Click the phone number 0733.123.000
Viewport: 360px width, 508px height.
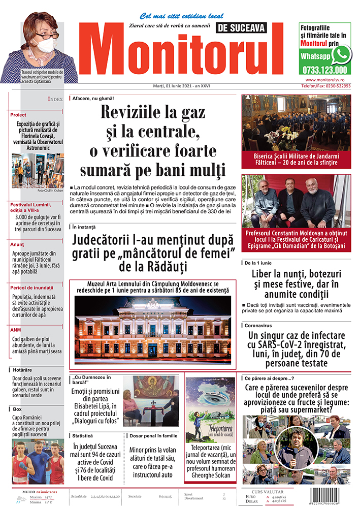coord(324,71)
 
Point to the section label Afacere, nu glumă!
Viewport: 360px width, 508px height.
coord(93,98)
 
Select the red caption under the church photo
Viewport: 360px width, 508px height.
coord(296,159)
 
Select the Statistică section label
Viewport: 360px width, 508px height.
coord(83,436)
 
